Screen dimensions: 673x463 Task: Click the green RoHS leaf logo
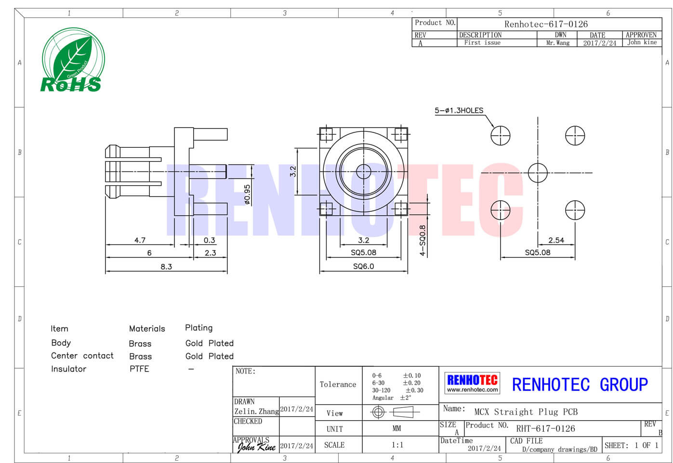click(x=73, y=60)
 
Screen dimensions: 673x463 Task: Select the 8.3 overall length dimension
click(x=166, y=267)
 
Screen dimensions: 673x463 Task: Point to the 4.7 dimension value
click(x=140, y=240)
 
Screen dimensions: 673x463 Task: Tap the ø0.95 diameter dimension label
click(x=247, y=194)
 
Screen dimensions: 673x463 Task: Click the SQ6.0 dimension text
click(x=364, y=267)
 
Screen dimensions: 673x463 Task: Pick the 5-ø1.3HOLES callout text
click(x=459, y=110)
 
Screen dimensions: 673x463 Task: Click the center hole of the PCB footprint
click(x=538, y=173)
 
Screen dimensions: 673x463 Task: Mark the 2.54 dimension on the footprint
click(x=556, y=240)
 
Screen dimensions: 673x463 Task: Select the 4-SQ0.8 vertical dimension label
click(x=422, y=240)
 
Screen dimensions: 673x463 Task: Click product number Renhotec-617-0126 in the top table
click(x=546, y=24)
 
